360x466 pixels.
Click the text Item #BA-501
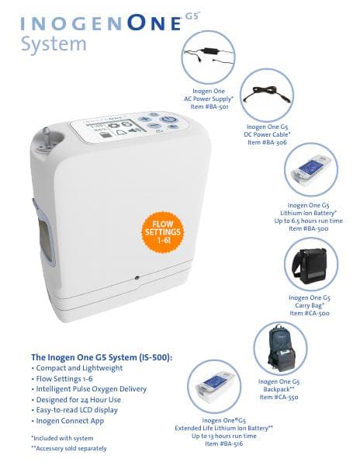click(209, 107)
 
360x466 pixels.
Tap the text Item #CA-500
click(310, 313)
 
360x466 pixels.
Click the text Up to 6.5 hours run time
click(310, 221)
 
